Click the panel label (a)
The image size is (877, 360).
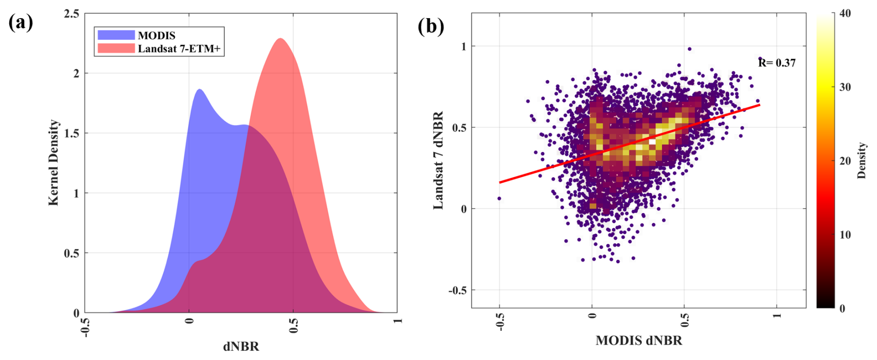(x=20, y=22)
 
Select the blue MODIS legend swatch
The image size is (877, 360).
(x=116, y=35)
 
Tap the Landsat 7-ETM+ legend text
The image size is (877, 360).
(x=179, y=48)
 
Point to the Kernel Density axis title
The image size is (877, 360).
(x=54, y=162)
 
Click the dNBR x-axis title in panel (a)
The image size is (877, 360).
(x=241, y=346)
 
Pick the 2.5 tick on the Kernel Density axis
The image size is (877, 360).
(x=71, y=14)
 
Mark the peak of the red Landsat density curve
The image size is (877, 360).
(x=280, y=38)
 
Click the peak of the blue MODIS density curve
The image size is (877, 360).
(x=199, y=89)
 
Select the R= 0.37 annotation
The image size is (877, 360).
(x=777, y=63)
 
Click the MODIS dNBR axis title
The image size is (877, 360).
(x=639, y=341)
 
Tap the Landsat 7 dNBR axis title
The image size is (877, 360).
(x=438, y=160)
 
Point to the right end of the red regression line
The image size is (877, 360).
(x=759, y=105)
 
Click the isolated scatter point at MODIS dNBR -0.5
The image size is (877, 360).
(x=499, y=198)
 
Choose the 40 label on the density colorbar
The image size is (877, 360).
(x=845, y=13)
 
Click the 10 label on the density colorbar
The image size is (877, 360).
(x=845, y=235)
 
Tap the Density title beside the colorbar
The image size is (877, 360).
(x=861, y=160)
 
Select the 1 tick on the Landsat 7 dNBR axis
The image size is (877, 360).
(x=464, y=46)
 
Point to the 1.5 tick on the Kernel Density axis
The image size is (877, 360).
(x=71, y=133)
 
